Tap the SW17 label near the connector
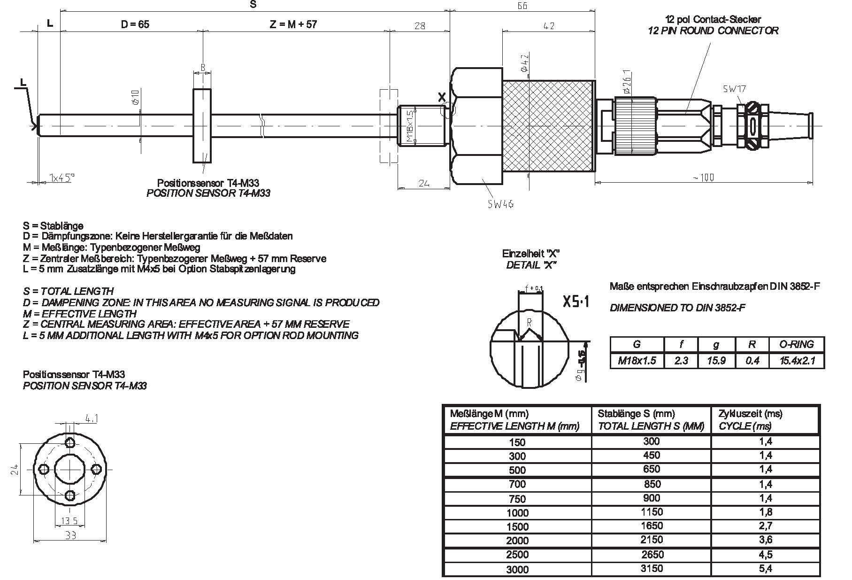pos(735,88)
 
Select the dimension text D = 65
pos(135,24)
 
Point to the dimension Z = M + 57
pos(293,24)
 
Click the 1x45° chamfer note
pos(62,178)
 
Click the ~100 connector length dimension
pos(703,178)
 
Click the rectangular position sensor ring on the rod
pos(202,126)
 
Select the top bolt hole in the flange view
pos(70,442)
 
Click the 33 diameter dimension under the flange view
pos(70,535)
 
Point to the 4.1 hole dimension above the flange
pos(91,418)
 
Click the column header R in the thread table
pos(752,344)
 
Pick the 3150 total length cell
pos(652,569)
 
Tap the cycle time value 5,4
pos(765,569)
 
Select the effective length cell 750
pos(517,499)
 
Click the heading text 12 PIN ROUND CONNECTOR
pos(713,31)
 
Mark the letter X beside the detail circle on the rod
pos(442,98)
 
